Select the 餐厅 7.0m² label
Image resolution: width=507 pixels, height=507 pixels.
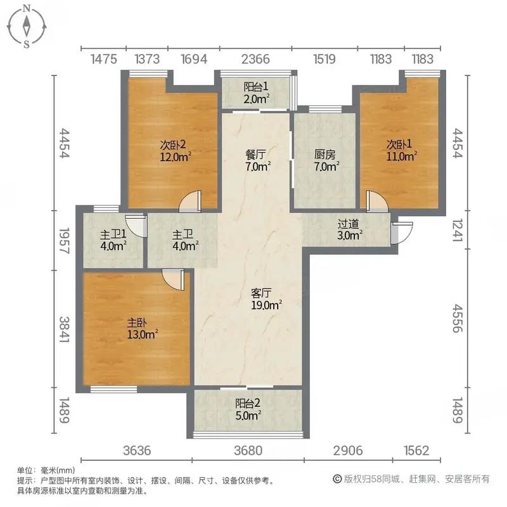click(x=258, y=160)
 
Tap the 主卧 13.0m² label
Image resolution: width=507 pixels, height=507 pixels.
click(x=141, y=328)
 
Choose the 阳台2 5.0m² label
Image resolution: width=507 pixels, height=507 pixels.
click(x=248, y=410)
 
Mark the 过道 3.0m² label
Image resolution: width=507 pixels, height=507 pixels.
click(x=349, y=229)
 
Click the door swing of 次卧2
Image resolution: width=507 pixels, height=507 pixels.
click(x=189, y=203)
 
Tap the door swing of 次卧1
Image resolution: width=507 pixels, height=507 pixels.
click(x=377, y=202)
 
